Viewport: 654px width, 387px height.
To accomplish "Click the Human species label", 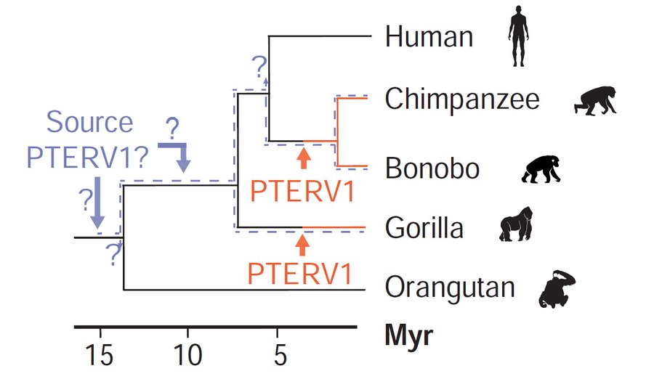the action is (429, 36).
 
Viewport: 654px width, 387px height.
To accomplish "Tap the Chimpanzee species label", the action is (462, 99).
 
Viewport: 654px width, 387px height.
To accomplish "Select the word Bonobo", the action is (432, 168).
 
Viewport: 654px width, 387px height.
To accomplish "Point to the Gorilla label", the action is (424, 227).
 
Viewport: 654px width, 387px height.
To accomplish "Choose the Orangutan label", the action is (450, 288).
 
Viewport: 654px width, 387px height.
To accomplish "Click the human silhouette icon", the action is (518, 36).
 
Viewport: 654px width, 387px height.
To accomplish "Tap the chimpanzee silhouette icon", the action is (595, 100).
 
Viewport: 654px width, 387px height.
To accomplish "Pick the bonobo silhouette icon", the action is (541, 169).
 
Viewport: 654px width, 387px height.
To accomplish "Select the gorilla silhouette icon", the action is (517, 224).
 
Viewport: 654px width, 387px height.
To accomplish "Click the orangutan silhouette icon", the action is (557, 289).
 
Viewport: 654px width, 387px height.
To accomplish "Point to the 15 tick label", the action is (100, 355).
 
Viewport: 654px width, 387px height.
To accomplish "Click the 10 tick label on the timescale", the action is (188, 355).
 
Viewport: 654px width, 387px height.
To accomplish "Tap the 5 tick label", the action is (280, 355).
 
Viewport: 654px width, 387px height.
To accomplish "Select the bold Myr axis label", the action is (408, 335).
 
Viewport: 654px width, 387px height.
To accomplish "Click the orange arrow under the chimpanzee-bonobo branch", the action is (304, 158).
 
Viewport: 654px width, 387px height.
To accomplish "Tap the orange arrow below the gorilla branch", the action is (302, 245).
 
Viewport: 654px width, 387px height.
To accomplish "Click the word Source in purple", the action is (89, 122).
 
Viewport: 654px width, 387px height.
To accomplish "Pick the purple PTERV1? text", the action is (88, 157).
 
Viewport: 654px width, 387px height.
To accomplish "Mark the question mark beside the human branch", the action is (259, 67).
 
